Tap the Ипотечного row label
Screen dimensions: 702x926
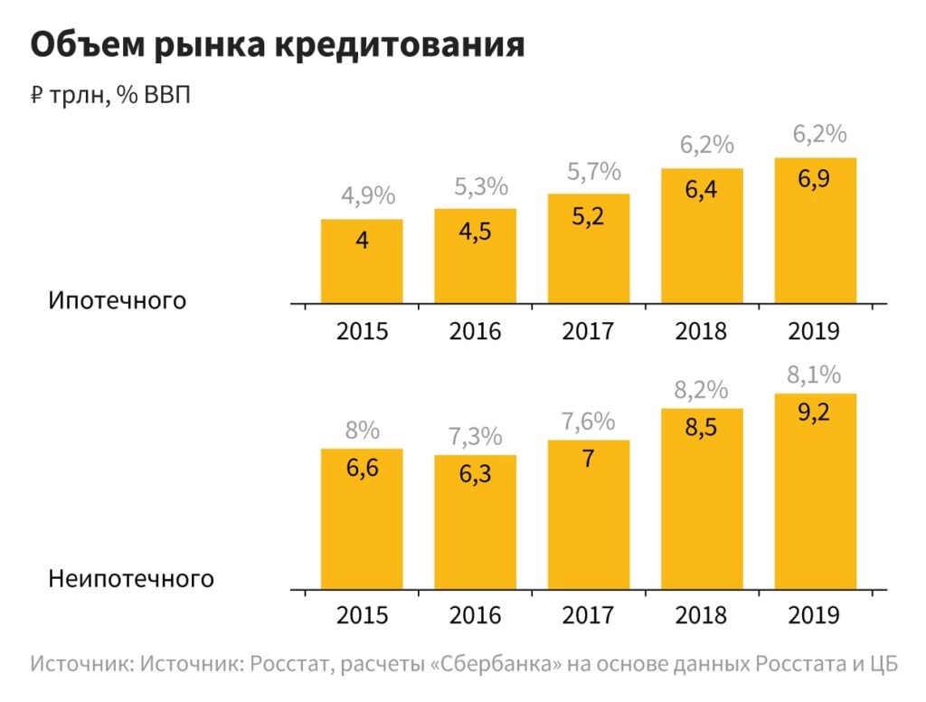coord(118,299)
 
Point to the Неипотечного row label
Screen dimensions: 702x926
coord(132,578)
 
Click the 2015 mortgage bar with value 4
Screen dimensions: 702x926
coord(362,262)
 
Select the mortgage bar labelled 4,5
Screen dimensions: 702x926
coord(475,257)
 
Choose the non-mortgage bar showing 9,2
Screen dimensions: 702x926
coord(815,493)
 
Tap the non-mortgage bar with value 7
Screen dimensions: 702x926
coord(588,516)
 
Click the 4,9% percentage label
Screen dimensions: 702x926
coord(362,196)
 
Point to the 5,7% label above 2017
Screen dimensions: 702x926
coord(588,171)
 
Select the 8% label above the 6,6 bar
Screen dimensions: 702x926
coord(362,430)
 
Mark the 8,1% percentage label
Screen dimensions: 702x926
coord(815,374)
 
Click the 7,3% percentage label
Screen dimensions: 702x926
coord(475,436)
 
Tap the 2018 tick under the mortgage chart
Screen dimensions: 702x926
coord(701,331)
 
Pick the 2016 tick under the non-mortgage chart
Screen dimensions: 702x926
coord(475,615)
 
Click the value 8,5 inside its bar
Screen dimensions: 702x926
coord(701,427)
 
